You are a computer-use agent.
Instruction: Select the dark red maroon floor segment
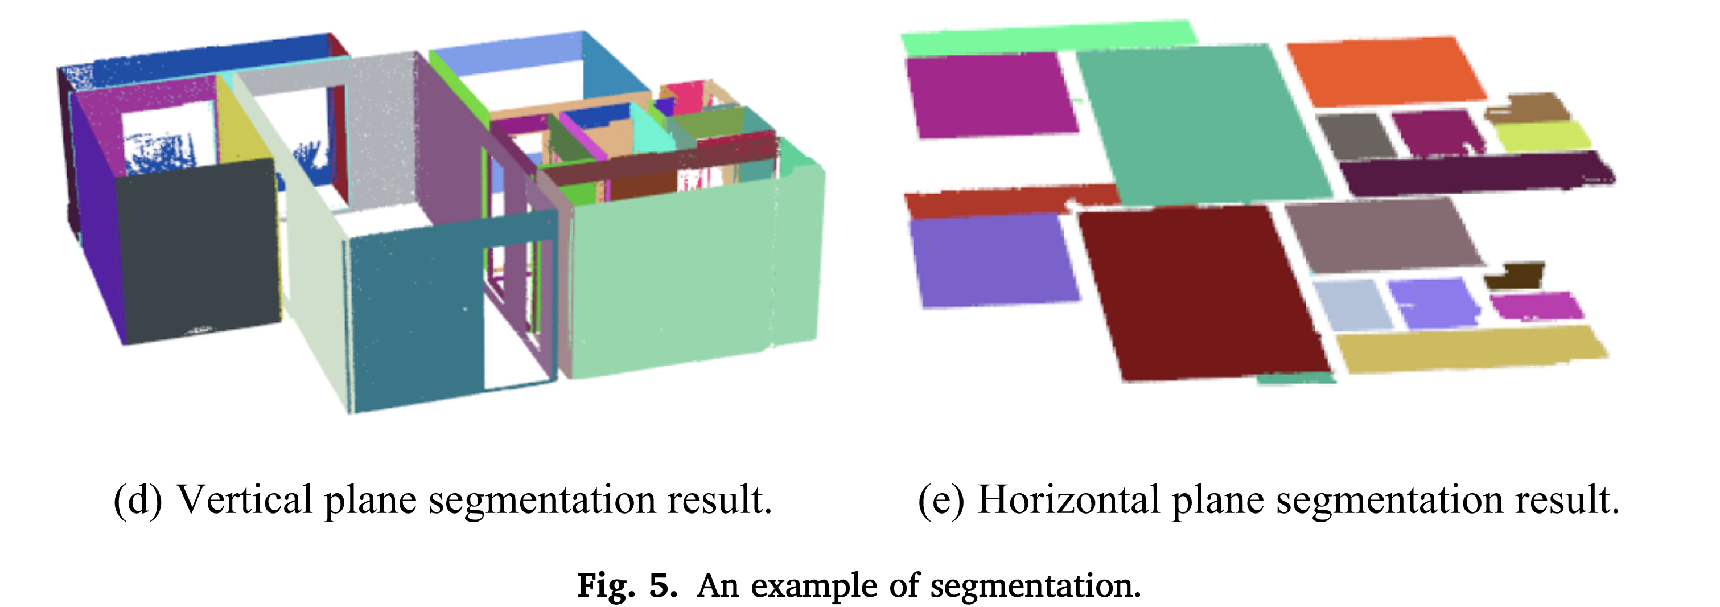(x=1202, y=294)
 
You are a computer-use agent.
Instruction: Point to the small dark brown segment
(x=1515, y=275)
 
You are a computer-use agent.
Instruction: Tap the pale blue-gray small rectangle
(x=1352, y=305)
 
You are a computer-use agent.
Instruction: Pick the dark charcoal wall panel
(x=197, y=251)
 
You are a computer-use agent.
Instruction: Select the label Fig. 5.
(x=627, y=585)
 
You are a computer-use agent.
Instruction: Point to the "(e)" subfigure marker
(x=941, y=499)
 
